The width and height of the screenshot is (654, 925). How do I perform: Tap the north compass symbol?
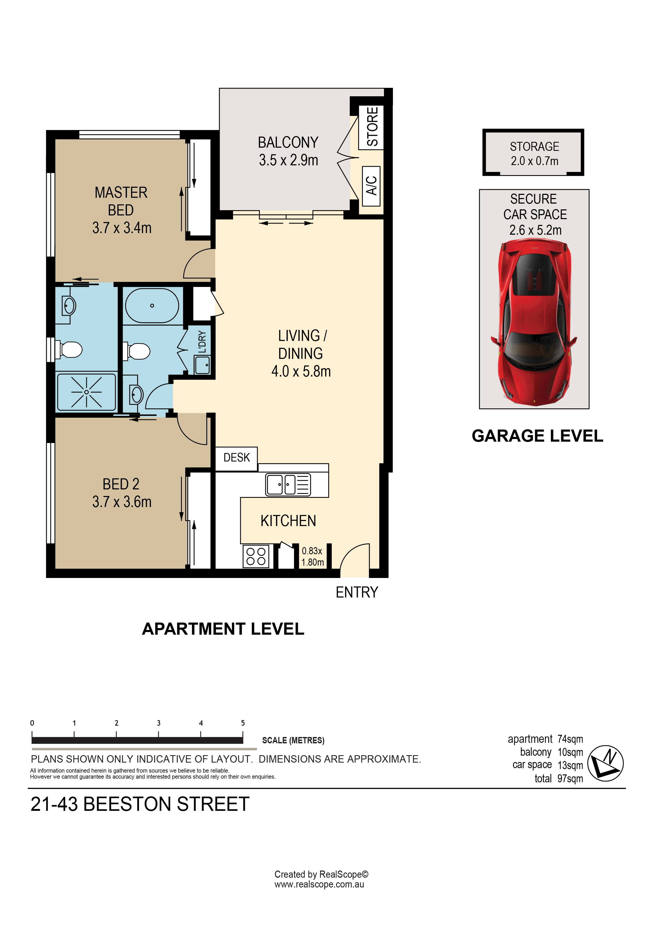pos(605,763)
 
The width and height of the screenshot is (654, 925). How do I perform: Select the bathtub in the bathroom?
pos(152,305)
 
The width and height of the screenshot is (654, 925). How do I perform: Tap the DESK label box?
pos(237,458)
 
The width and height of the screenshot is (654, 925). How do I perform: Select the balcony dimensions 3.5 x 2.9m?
pos(288,160)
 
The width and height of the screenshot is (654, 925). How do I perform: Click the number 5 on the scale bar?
pos(243,723)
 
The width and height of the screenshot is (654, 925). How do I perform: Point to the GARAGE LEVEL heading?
pos(537,436)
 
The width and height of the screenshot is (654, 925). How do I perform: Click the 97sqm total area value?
pos(570,779)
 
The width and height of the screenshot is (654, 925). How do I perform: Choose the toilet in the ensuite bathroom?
pos(70,349)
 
